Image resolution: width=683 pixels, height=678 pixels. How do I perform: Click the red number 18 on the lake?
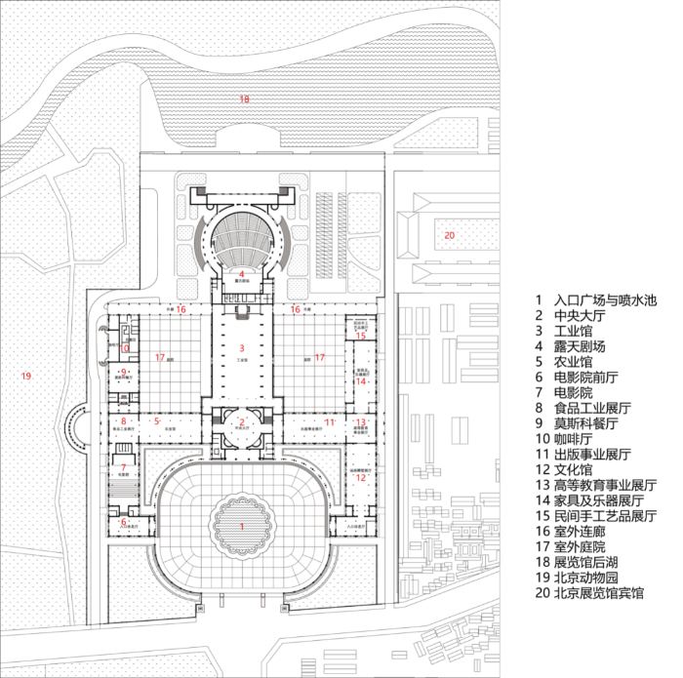click(245, 100)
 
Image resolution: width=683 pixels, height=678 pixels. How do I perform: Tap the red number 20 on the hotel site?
click(449, 235)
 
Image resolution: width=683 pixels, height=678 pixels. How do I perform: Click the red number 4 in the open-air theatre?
click(241, 273)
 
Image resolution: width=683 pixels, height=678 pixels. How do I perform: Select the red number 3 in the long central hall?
click(241, 347)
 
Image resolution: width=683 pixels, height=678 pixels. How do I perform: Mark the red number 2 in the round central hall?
click(241, 421)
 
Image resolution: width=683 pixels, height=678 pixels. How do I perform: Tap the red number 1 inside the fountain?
click(241, 526)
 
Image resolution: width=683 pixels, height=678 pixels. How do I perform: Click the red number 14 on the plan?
click(361, 381)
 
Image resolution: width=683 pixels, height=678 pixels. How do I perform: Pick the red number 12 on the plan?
click(361, 478)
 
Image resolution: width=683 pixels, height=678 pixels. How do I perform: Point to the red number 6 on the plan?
click(124, 522)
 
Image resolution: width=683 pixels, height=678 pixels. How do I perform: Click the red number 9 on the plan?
click(124, 372)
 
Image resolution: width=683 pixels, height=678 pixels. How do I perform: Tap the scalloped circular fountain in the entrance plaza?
click(241, 527)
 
